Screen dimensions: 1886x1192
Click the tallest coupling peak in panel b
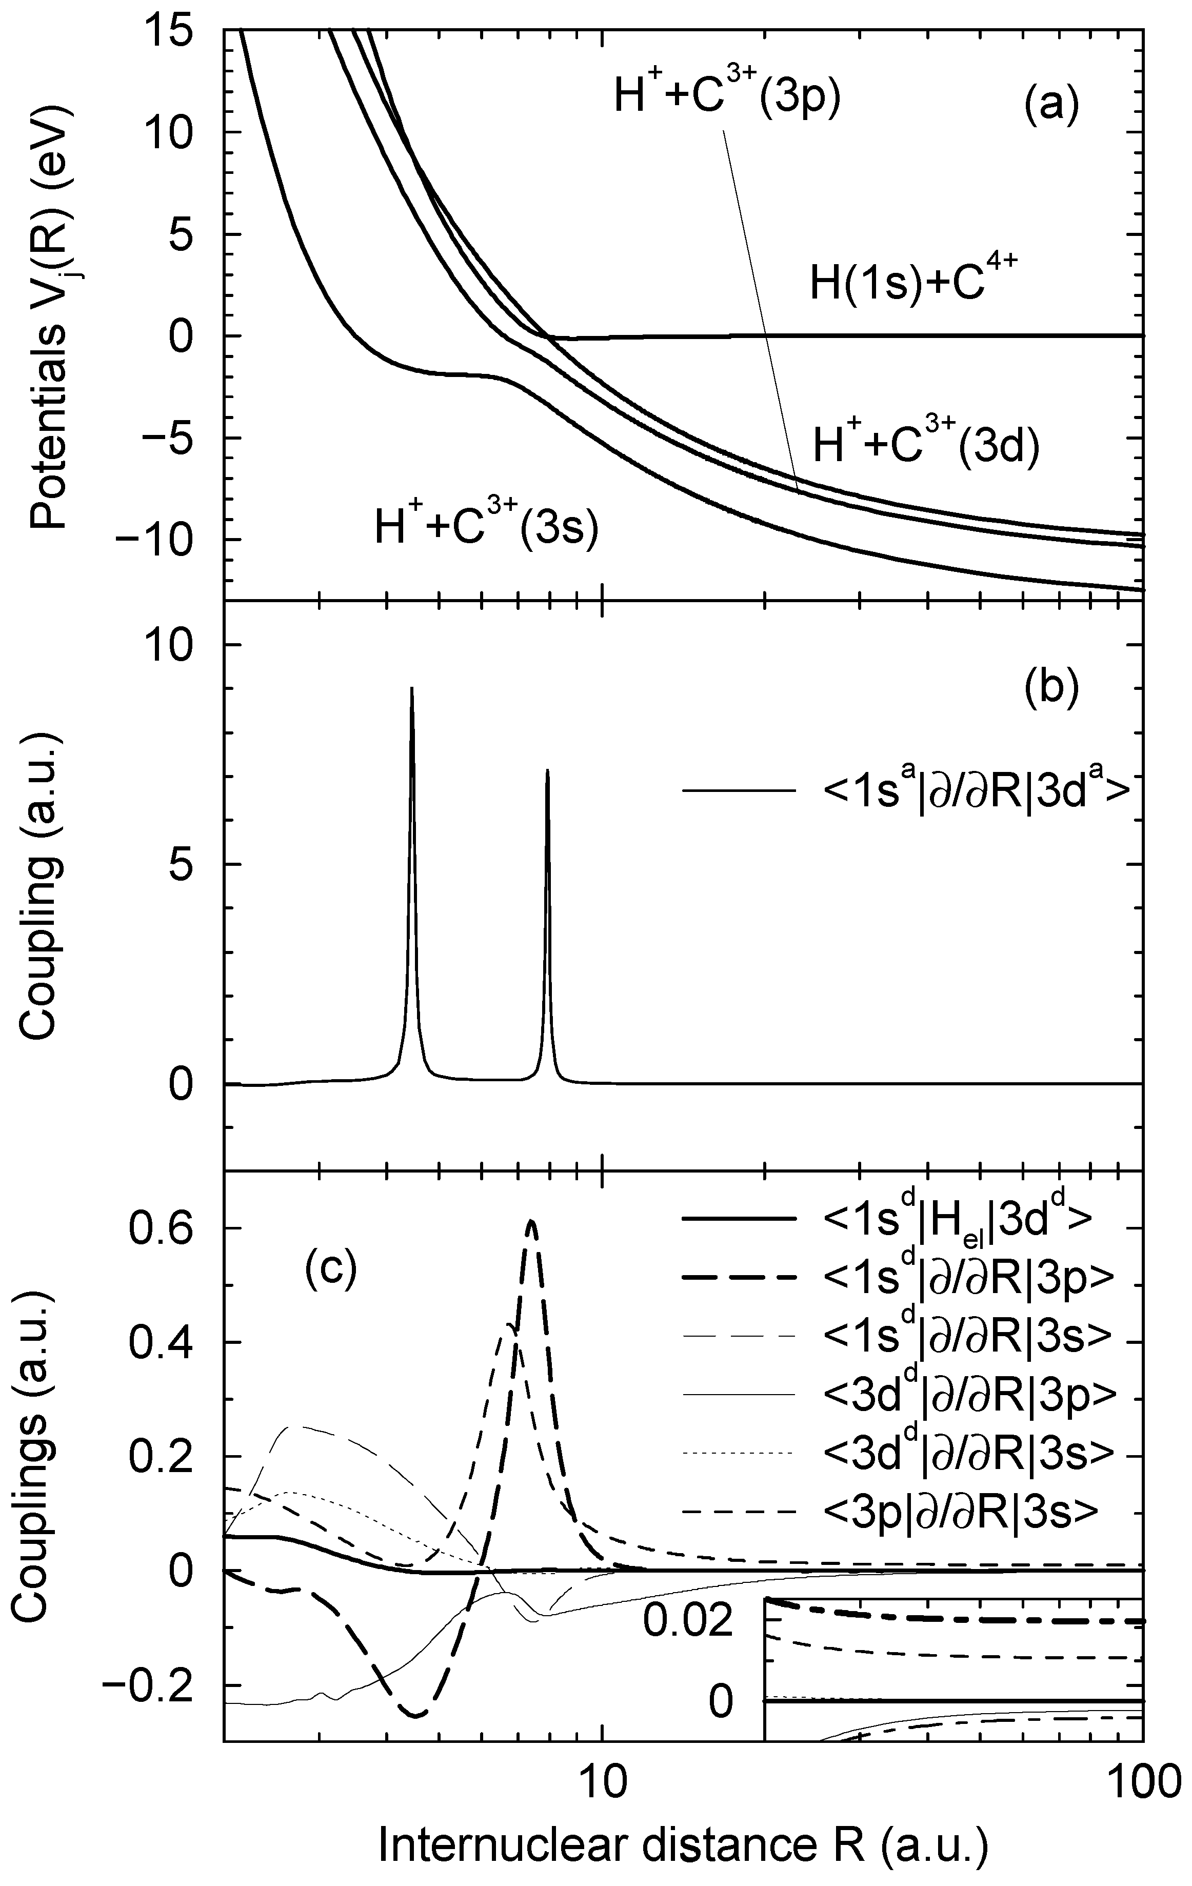(412, 690)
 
